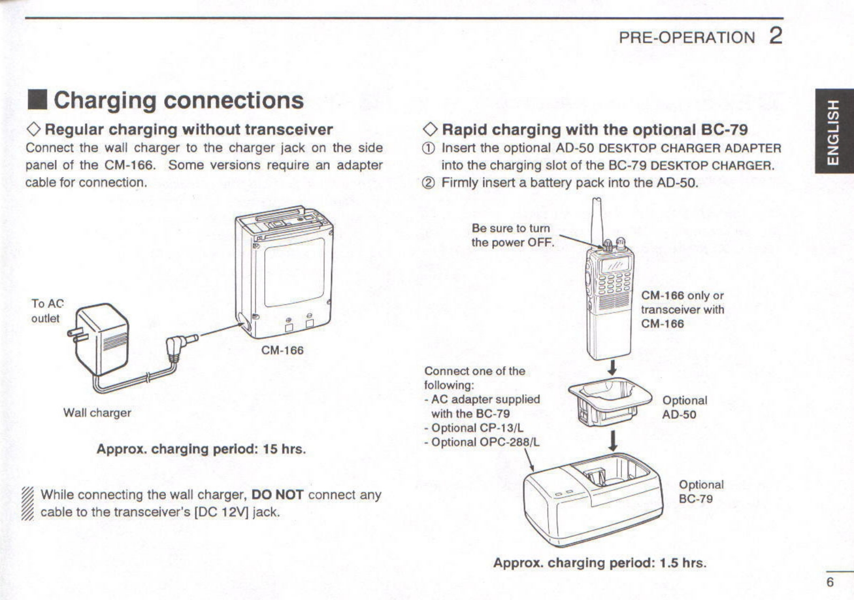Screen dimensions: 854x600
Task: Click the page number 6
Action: click(830, 582)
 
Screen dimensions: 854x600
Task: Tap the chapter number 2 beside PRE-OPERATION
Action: click(775, 36)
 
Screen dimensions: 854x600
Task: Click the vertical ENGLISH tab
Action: click(834, 132)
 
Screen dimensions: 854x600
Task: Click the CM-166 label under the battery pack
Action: click(282, 350)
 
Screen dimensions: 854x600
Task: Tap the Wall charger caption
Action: click(97, 413)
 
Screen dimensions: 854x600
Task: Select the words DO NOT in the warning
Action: click(277, 495)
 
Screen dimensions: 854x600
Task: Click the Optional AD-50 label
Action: click(684, 407)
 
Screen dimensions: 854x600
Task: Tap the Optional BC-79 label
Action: click(701, 492)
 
